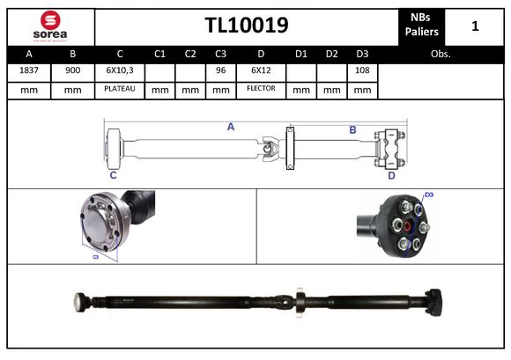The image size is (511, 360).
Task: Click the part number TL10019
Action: click(x=246, y=26)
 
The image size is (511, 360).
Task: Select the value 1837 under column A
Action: click(x=28, y=70)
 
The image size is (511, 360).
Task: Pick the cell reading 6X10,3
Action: click(x=119, y=70)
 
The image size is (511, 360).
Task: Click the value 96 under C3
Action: click(x=220, y=70)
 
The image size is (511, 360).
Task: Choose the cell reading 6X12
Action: click(x=261, y=70)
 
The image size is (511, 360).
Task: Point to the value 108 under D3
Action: click(x=361, y=70)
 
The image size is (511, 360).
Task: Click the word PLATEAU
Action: click(x=119, y=89)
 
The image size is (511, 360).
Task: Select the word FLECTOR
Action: click(x=261, y=89)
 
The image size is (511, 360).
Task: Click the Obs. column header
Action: click(x=441, y=54)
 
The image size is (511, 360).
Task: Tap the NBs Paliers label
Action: click(x=422, y=26)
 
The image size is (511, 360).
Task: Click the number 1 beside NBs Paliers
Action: click(x=475, y=26)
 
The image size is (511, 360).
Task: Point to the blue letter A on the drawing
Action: click(x=231, y=127)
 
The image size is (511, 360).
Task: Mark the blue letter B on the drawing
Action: click(x=352, y=130)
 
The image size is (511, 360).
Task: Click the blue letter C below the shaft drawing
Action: click(x=113, y=175)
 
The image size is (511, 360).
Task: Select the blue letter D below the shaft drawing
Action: click(x=391, y=175)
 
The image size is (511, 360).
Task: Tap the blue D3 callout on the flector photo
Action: click(x=429, y=195)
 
